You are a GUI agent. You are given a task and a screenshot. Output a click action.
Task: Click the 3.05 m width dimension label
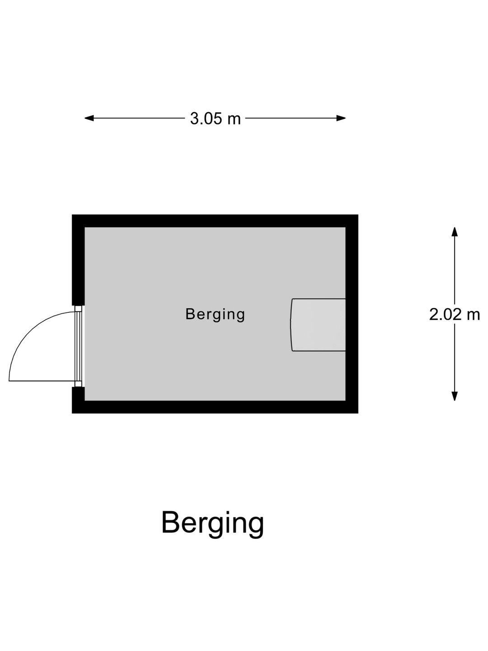[215, 119]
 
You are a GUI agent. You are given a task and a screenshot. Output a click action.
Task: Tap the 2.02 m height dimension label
[454, 315]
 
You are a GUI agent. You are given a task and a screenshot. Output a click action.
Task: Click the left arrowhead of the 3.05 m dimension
[89, 118]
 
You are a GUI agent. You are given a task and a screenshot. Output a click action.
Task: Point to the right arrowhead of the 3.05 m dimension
[341, 118]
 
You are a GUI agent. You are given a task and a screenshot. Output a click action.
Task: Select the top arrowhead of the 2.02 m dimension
[454, 232]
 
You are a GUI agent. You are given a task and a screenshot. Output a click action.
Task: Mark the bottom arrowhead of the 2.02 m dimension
[454, 396]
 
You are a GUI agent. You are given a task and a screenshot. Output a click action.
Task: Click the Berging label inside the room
[215, 315]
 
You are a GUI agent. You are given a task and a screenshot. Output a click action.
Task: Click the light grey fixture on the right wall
[318, 325]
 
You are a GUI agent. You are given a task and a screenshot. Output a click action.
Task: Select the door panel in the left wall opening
[78, 346]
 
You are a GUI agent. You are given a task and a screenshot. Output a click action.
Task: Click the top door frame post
[78, 308]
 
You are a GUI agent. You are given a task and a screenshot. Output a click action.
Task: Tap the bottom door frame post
[78, 384]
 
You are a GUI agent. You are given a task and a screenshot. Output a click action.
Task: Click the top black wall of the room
[215, 221]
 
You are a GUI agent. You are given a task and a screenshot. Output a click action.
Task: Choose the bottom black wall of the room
[215, 407]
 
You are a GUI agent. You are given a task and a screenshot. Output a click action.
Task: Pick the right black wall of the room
[352, 314]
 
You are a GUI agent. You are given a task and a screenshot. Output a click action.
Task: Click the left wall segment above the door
[78, 260]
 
